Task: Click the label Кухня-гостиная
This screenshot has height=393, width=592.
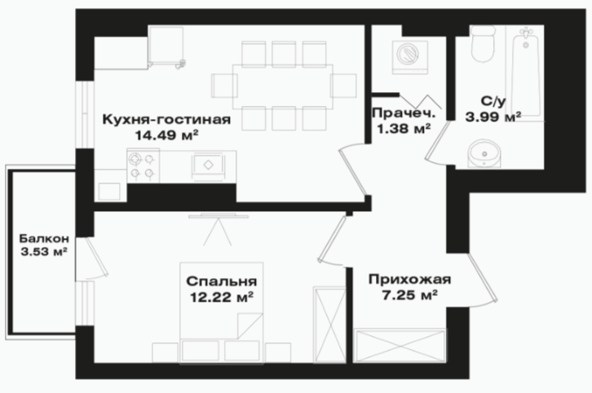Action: coord(166,119)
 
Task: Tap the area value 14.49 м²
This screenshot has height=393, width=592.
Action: coord(166,135)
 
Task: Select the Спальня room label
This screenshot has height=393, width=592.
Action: coord(222,281)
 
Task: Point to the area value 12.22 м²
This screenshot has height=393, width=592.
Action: coord(222,297)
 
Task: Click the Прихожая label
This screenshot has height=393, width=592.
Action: coord(409,280)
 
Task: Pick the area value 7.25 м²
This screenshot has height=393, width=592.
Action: coord(409,295)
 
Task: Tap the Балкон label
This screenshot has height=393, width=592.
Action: coord(44,239)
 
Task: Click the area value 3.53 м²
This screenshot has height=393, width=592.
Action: coord(44,252)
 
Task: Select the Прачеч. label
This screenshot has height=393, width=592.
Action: coord(404,113)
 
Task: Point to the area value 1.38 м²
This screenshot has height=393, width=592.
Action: coord(404,129)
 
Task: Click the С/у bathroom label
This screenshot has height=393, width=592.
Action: coord(493,101)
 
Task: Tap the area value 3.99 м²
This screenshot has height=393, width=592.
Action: coord(493,117)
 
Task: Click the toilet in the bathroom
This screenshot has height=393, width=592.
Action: coord(483,44)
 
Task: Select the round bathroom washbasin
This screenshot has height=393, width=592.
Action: coord(484,153)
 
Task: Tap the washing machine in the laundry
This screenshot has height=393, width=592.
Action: coord(410,57)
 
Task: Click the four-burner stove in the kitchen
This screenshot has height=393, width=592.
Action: coord(143,166)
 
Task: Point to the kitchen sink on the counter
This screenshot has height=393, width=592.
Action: coord(208,165)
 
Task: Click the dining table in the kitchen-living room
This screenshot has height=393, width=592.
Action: coord(282,86)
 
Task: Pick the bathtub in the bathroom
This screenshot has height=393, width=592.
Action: coord(525,73)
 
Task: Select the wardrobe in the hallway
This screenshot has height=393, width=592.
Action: coord(400,346)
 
